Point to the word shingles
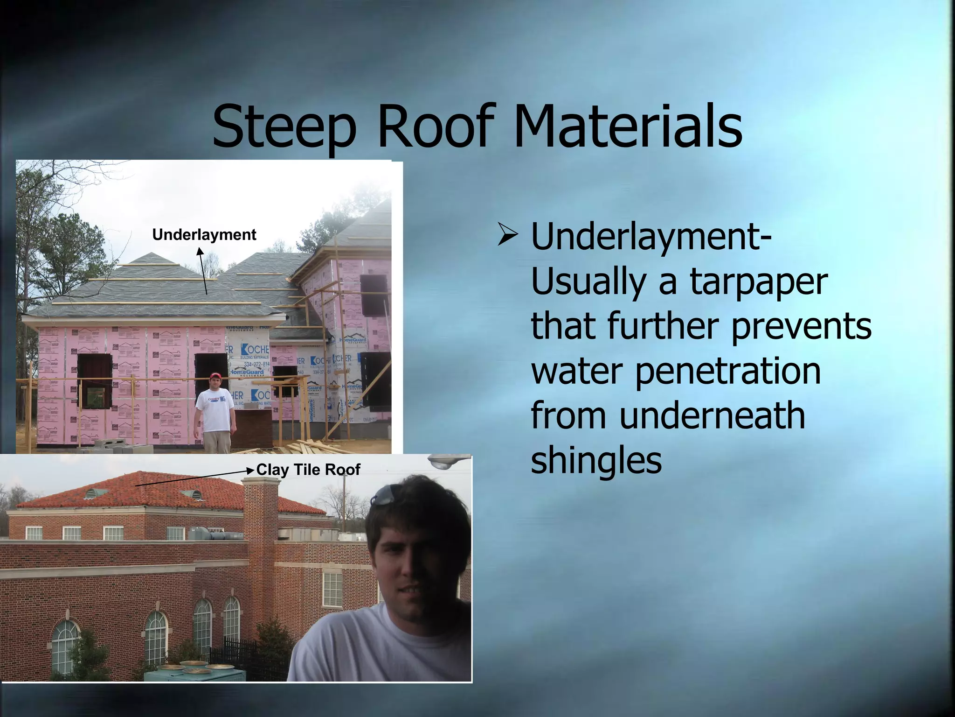click(x=596, y=460)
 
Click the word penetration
click(x=728, y=371)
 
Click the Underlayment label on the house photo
click(x=204, y=234)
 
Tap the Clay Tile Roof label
click(x=308, y=469)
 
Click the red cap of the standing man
click(x=215, y=376)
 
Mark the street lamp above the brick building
click(x=448, y=462)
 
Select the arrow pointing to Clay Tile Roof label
click(x=194, y=478)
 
